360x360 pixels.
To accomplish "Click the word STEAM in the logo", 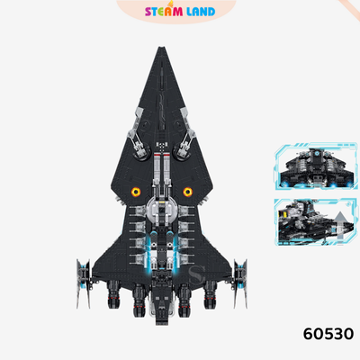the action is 164,12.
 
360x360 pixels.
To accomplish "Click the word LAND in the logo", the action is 201,12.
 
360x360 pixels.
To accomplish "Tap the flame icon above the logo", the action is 172,4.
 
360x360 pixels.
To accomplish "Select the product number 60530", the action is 328,334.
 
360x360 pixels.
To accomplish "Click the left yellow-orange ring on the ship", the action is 136,192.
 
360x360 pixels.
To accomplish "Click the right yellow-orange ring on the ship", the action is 188,192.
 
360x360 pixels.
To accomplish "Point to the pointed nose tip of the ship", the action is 162,48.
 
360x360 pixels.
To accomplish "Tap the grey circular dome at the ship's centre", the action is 162,211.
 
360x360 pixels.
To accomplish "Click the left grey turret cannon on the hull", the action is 138,135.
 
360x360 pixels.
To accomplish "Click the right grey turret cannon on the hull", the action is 186,135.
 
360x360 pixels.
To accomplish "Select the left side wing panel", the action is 83,283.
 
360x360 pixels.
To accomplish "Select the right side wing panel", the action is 241,283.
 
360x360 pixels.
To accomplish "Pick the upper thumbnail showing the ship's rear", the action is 316,166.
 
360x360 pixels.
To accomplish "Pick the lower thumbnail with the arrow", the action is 316,222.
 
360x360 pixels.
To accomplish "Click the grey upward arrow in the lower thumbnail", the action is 339,226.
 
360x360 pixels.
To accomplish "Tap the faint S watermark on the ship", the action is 196,275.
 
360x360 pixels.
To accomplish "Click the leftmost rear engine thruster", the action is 112,294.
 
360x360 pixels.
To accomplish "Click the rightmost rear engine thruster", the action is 210,294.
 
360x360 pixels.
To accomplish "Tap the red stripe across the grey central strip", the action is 162,153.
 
